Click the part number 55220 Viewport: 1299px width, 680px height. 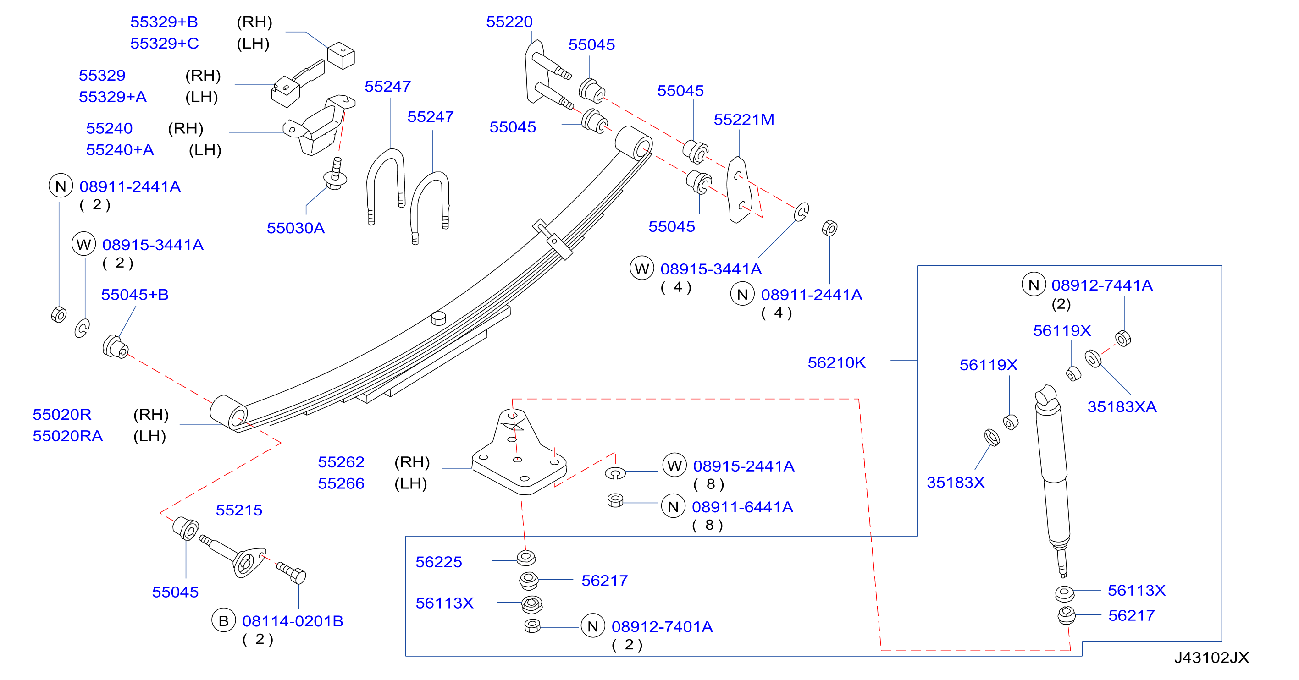click(509, 22)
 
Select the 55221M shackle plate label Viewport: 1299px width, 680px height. click(743, 120)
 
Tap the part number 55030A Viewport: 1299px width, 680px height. click(295, 228)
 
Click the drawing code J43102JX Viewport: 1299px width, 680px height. click(1211, 657)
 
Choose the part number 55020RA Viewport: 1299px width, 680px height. click(67, 435)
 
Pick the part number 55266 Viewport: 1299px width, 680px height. click(341, 483)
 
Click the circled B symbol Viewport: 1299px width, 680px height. click(223, 620)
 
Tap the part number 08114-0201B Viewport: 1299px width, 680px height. click(293, 621)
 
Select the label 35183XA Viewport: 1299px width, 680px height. click(1122, 407)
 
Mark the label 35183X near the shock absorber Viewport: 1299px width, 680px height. click(955, 483)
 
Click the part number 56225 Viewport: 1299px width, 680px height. click(438, 562)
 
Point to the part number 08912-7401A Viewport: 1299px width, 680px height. click(662, 626)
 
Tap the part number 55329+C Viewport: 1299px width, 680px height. click(165, 44)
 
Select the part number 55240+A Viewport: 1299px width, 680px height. click(120, 150)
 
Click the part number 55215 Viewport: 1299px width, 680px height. click(238, 510)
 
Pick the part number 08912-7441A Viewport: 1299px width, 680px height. click(1102, 285)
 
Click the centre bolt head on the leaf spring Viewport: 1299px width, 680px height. click(438, 318)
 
